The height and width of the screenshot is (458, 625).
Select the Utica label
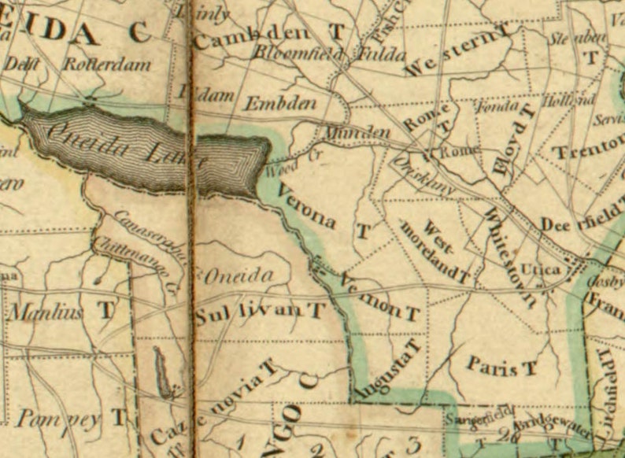[541, 270]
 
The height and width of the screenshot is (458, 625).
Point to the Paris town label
[493, 364]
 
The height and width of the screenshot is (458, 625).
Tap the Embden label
[280, 104]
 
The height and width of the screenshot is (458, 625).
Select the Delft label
[23, 65]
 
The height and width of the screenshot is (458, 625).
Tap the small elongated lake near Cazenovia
[161, 371]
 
